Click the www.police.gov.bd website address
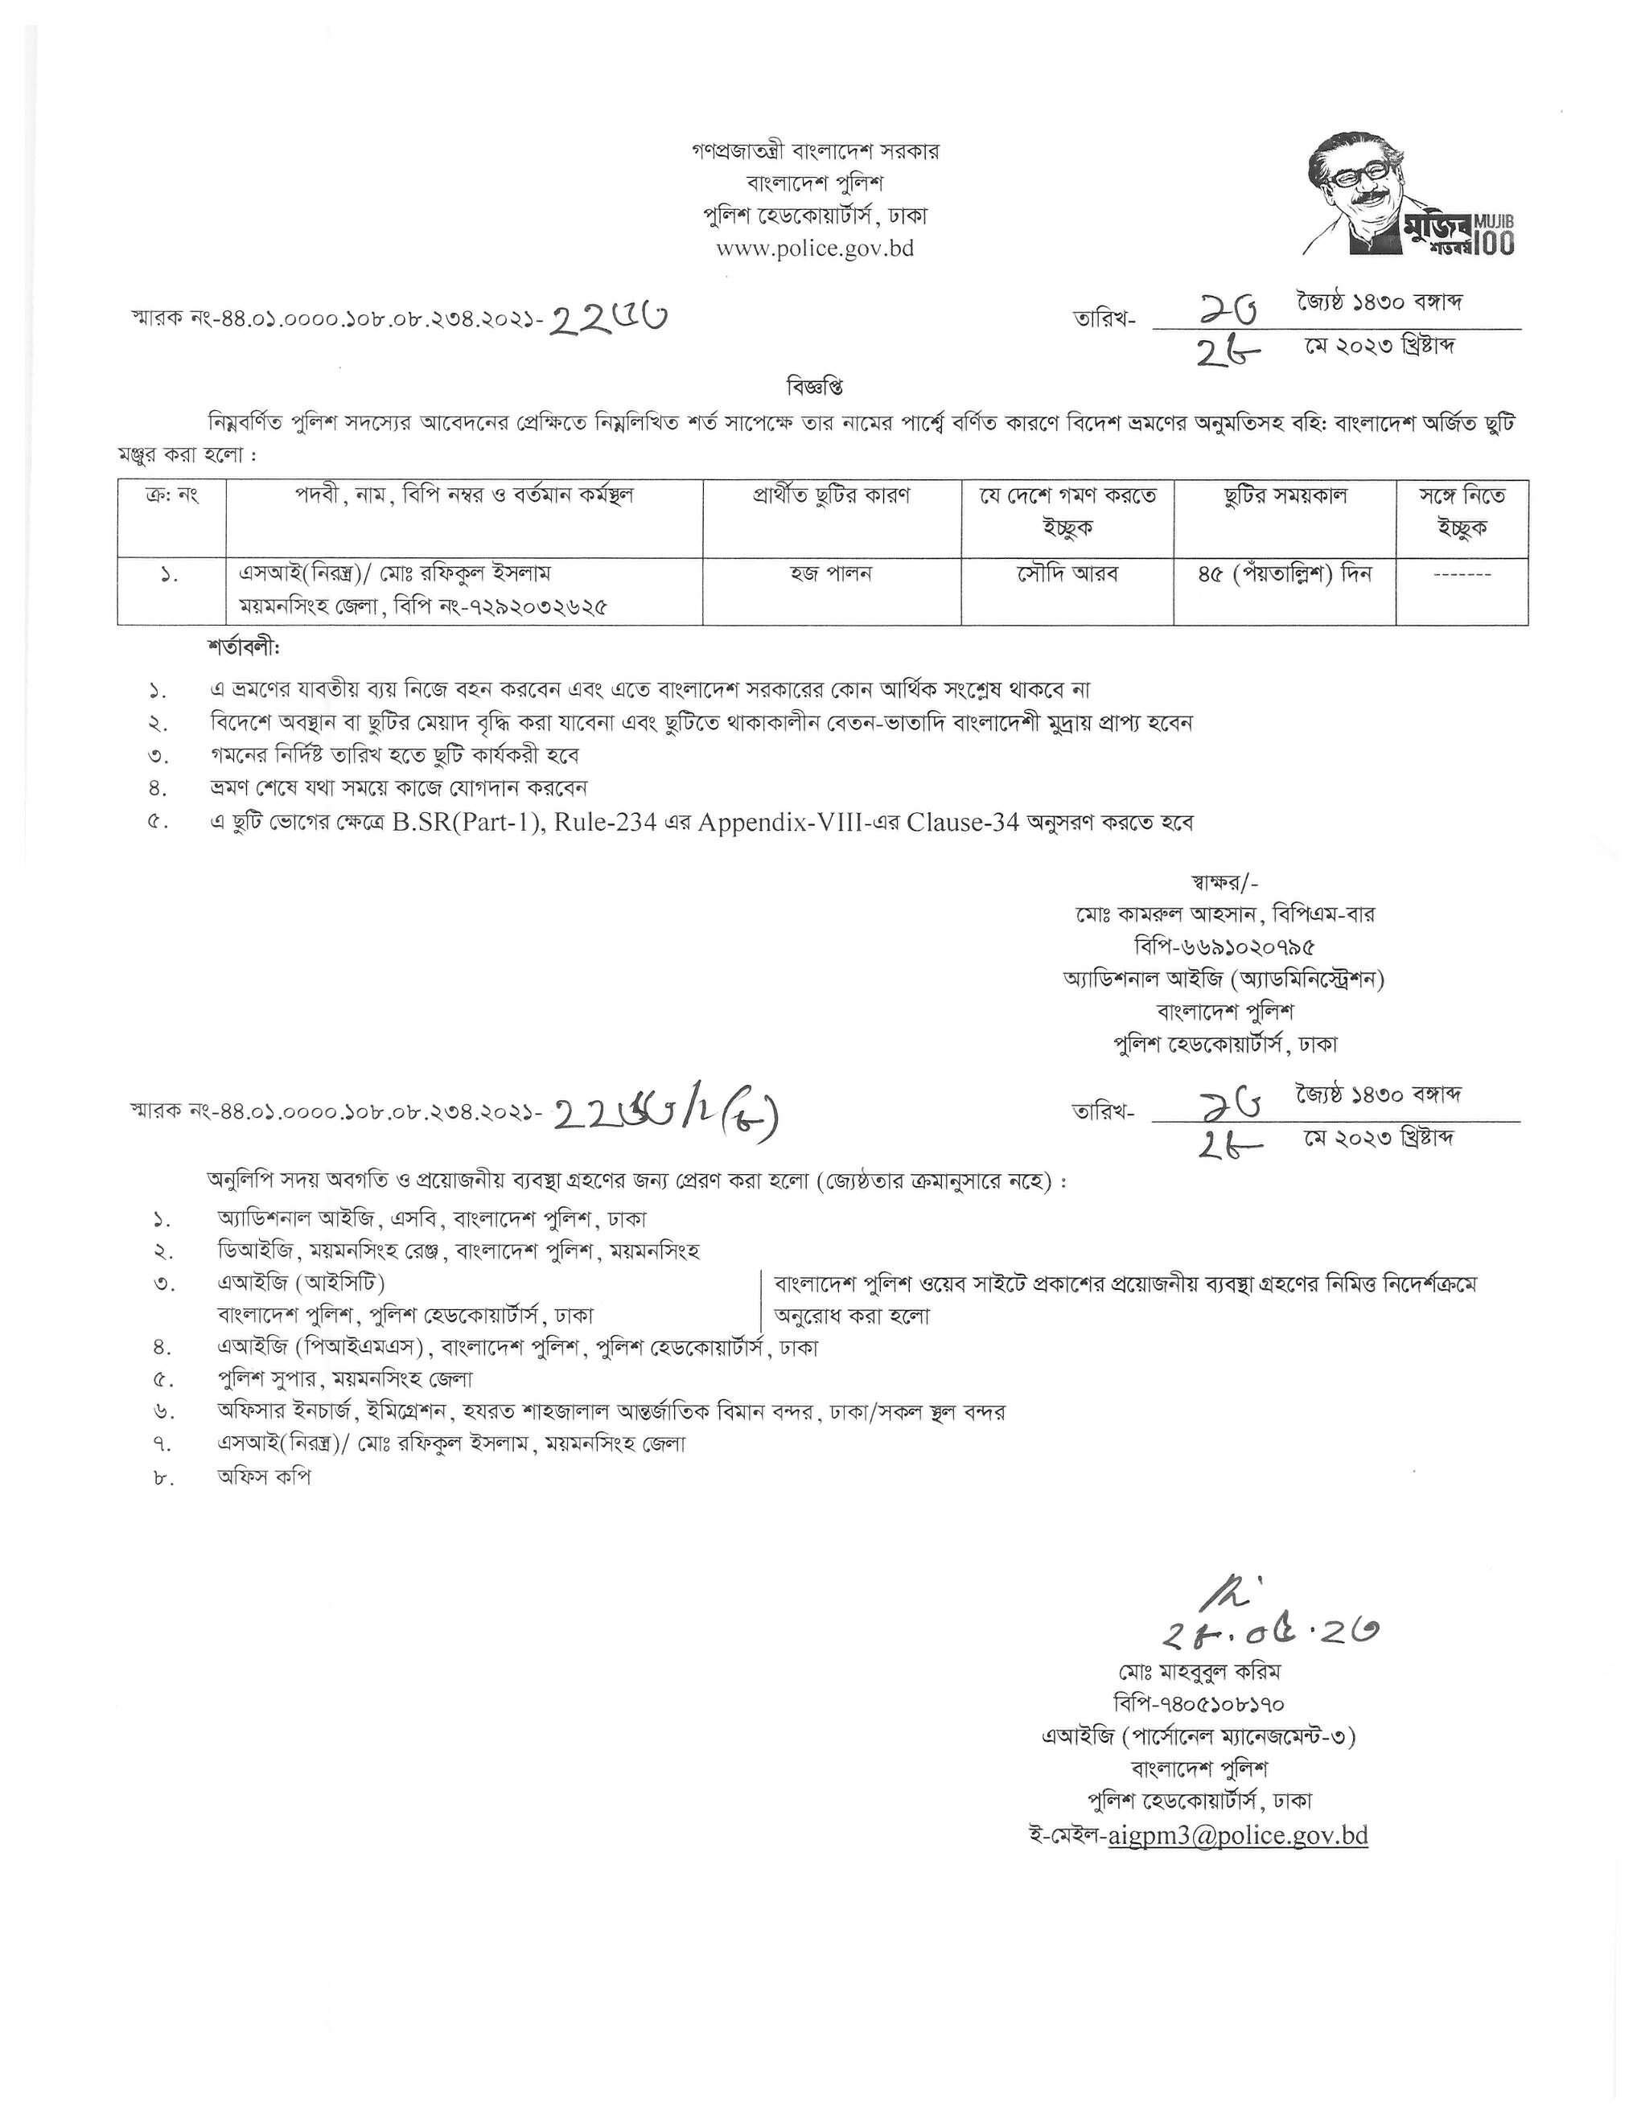pyautogui.click(x=815, y=248)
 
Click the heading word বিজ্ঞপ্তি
pyautogui.click(x=815, y=386)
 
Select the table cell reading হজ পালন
pyautogui.click(x=830, y=573)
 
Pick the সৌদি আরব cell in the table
pyautogui.click(x=1067, y=573)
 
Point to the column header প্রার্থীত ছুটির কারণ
pyautogui.click(x=830, y=495)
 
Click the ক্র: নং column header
pyautogui.click(x=171, y=495)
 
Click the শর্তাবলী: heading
pyautogui.click(x=243, y=646)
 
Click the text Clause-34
pyautogui.click(x=962, y=821)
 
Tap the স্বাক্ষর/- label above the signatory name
pyautogui.click(x=1224, y=883)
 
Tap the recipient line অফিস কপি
pyautogui.click(x=265, y=1476)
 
